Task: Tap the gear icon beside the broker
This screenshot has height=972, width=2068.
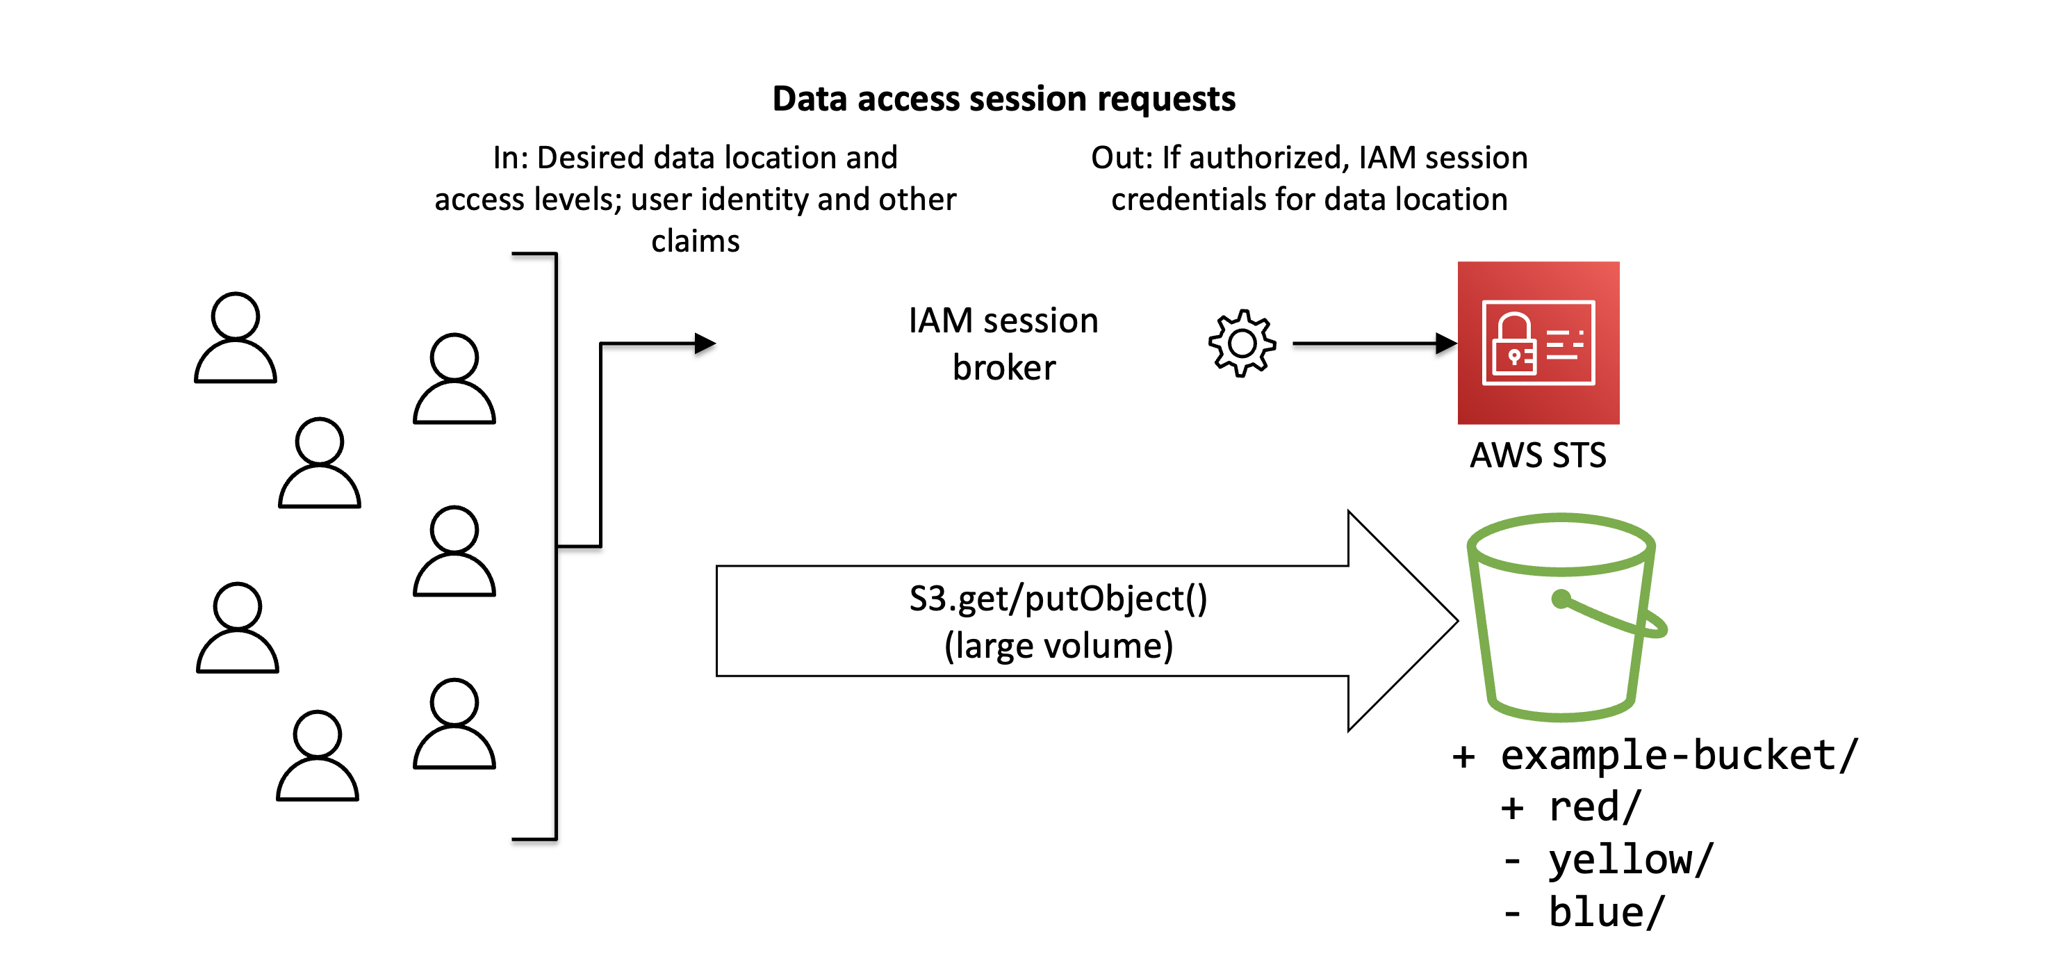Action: point(1241,343)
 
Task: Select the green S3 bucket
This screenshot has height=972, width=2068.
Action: point(1561,619)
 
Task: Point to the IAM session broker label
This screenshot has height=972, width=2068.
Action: point(1003,343)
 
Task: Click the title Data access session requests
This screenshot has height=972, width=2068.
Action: point(1003,99)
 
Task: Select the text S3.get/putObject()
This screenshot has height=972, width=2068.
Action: point(1058,599)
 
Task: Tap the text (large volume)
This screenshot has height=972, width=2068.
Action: point(1058,646)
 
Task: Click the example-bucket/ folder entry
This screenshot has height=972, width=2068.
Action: point(1678,755)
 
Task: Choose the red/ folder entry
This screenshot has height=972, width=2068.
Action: point(1593,807)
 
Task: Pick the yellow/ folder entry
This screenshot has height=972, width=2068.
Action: point(1630,859)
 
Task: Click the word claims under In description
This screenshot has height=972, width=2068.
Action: point(695,241)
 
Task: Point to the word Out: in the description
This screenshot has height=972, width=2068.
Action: point(1122,157)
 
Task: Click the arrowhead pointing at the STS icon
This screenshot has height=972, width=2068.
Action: point(1447,343)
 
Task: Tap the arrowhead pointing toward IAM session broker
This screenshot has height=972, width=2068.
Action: point(705,343)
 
